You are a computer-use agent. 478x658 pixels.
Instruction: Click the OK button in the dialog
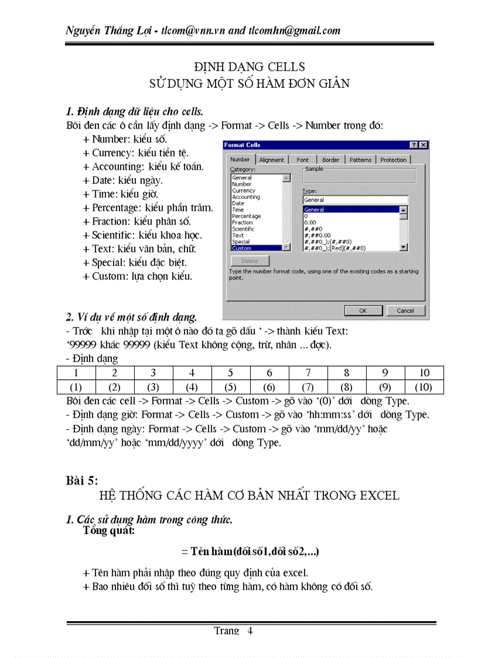[363, 311]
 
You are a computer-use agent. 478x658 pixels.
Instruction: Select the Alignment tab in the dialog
[271, 159]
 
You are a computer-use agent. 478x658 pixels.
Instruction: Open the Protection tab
[393, 159]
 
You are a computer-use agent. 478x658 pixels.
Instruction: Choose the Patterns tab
[360, 159]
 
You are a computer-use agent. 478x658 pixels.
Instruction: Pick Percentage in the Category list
[246, 216]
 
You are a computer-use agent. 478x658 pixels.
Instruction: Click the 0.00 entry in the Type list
[310, 223]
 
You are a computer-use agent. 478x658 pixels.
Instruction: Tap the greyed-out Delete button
[249, 261]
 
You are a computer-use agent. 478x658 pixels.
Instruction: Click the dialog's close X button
[423, 145]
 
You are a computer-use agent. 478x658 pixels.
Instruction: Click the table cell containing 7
[308, 373]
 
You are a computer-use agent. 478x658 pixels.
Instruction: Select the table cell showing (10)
[424, 387]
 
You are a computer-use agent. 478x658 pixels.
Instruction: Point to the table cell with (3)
[153, 387]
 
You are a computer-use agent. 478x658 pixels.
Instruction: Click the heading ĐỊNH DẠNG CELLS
[249, 67]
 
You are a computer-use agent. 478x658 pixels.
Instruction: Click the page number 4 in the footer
[250, 631]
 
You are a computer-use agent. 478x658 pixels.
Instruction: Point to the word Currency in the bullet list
[112, 153]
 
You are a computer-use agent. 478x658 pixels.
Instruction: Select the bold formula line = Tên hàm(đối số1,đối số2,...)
[250, 552]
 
